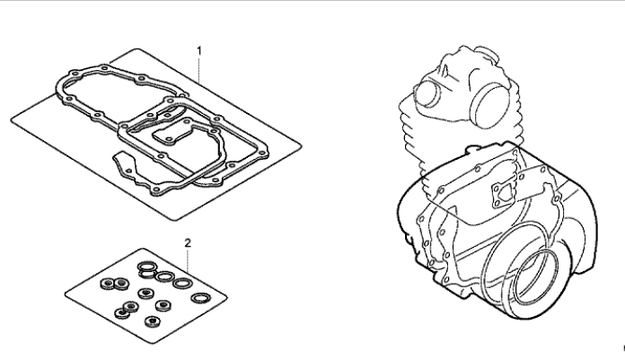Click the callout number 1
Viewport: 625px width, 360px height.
[x=199, y=51]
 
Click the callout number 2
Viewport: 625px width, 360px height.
[x=188, y=242]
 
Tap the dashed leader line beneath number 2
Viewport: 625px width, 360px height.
[x=188, y=260]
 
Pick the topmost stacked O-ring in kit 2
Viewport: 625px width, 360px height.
[x=147, y=266]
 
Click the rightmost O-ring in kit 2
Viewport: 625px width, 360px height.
[x=201, y=298]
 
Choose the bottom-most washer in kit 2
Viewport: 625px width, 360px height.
[x=153, y=321]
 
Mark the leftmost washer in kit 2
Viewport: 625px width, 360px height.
[x=107, y=284]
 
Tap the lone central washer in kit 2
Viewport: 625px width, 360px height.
[x=145, y=294]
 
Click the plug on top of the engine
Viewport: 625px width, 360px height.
[x=487, y=54]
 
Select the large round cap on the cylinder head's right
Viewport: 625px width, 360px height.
[x=490, y=107]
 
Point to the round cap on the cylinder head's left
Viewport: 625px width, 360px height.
[x=427, y=94]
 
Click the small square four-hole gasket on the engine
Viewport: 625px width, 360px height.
[x=504, y=196]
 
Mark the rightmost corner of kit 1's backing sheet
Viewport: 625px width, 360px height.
[x=302, y=146]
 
